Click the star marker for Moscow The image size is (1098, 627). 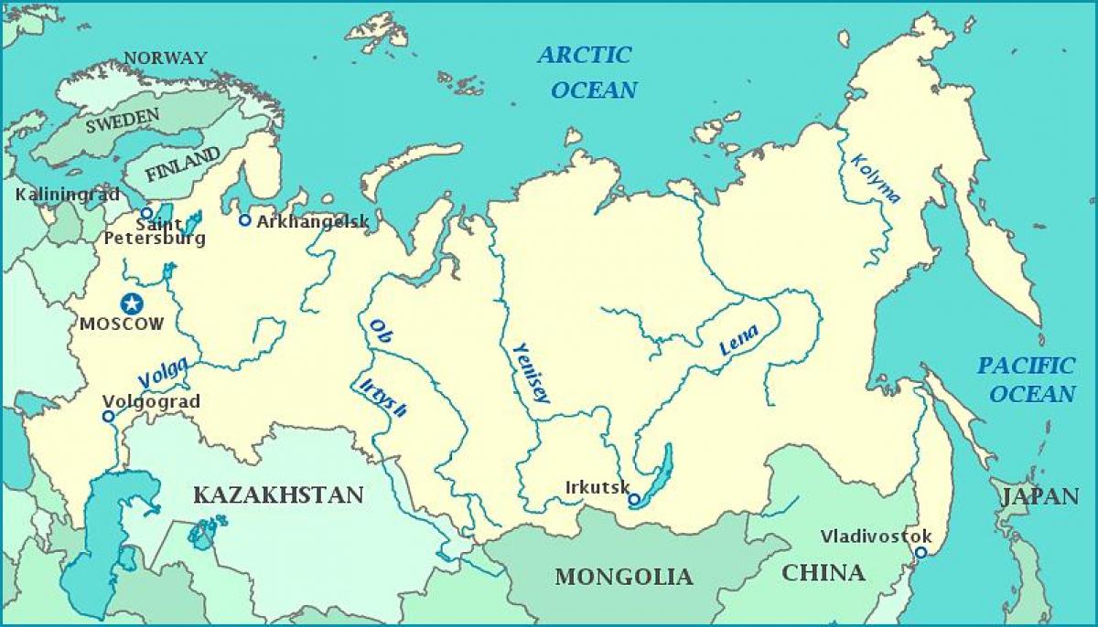[x=133, y=303]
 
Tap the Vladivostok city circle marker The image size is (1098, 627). [x=920, y=552]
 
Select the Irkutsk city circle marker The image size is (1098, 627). [x=633, y=499]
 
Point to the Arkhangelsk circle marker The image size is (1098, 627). [x=244, y=219]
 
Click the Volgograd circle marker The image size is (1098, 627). [x=108, y=416]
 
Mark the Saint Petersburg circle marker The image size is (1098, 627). [x=146, y=212]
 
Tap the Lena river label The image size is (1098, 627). [x=739, y=344]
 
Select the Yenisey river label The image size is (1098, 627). [x=531, y=373]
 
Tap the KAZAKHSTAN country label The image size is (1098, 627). [x=278, y=494]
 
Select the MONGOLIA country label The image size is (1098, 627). [x=623, y=577]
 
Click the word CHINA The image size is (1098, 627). [x=823, y=572]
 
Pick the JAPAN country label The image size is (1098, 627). [x=1039, y=496]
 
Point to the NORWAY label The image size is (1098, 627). [x=165, y=58]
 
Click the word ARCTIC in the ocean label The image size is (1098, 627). [x=584, y=55]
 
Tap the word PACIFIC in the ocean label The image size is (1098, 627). [x=1025, y=366]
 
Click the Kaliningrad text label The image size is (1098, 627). [x=55, y=195]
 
